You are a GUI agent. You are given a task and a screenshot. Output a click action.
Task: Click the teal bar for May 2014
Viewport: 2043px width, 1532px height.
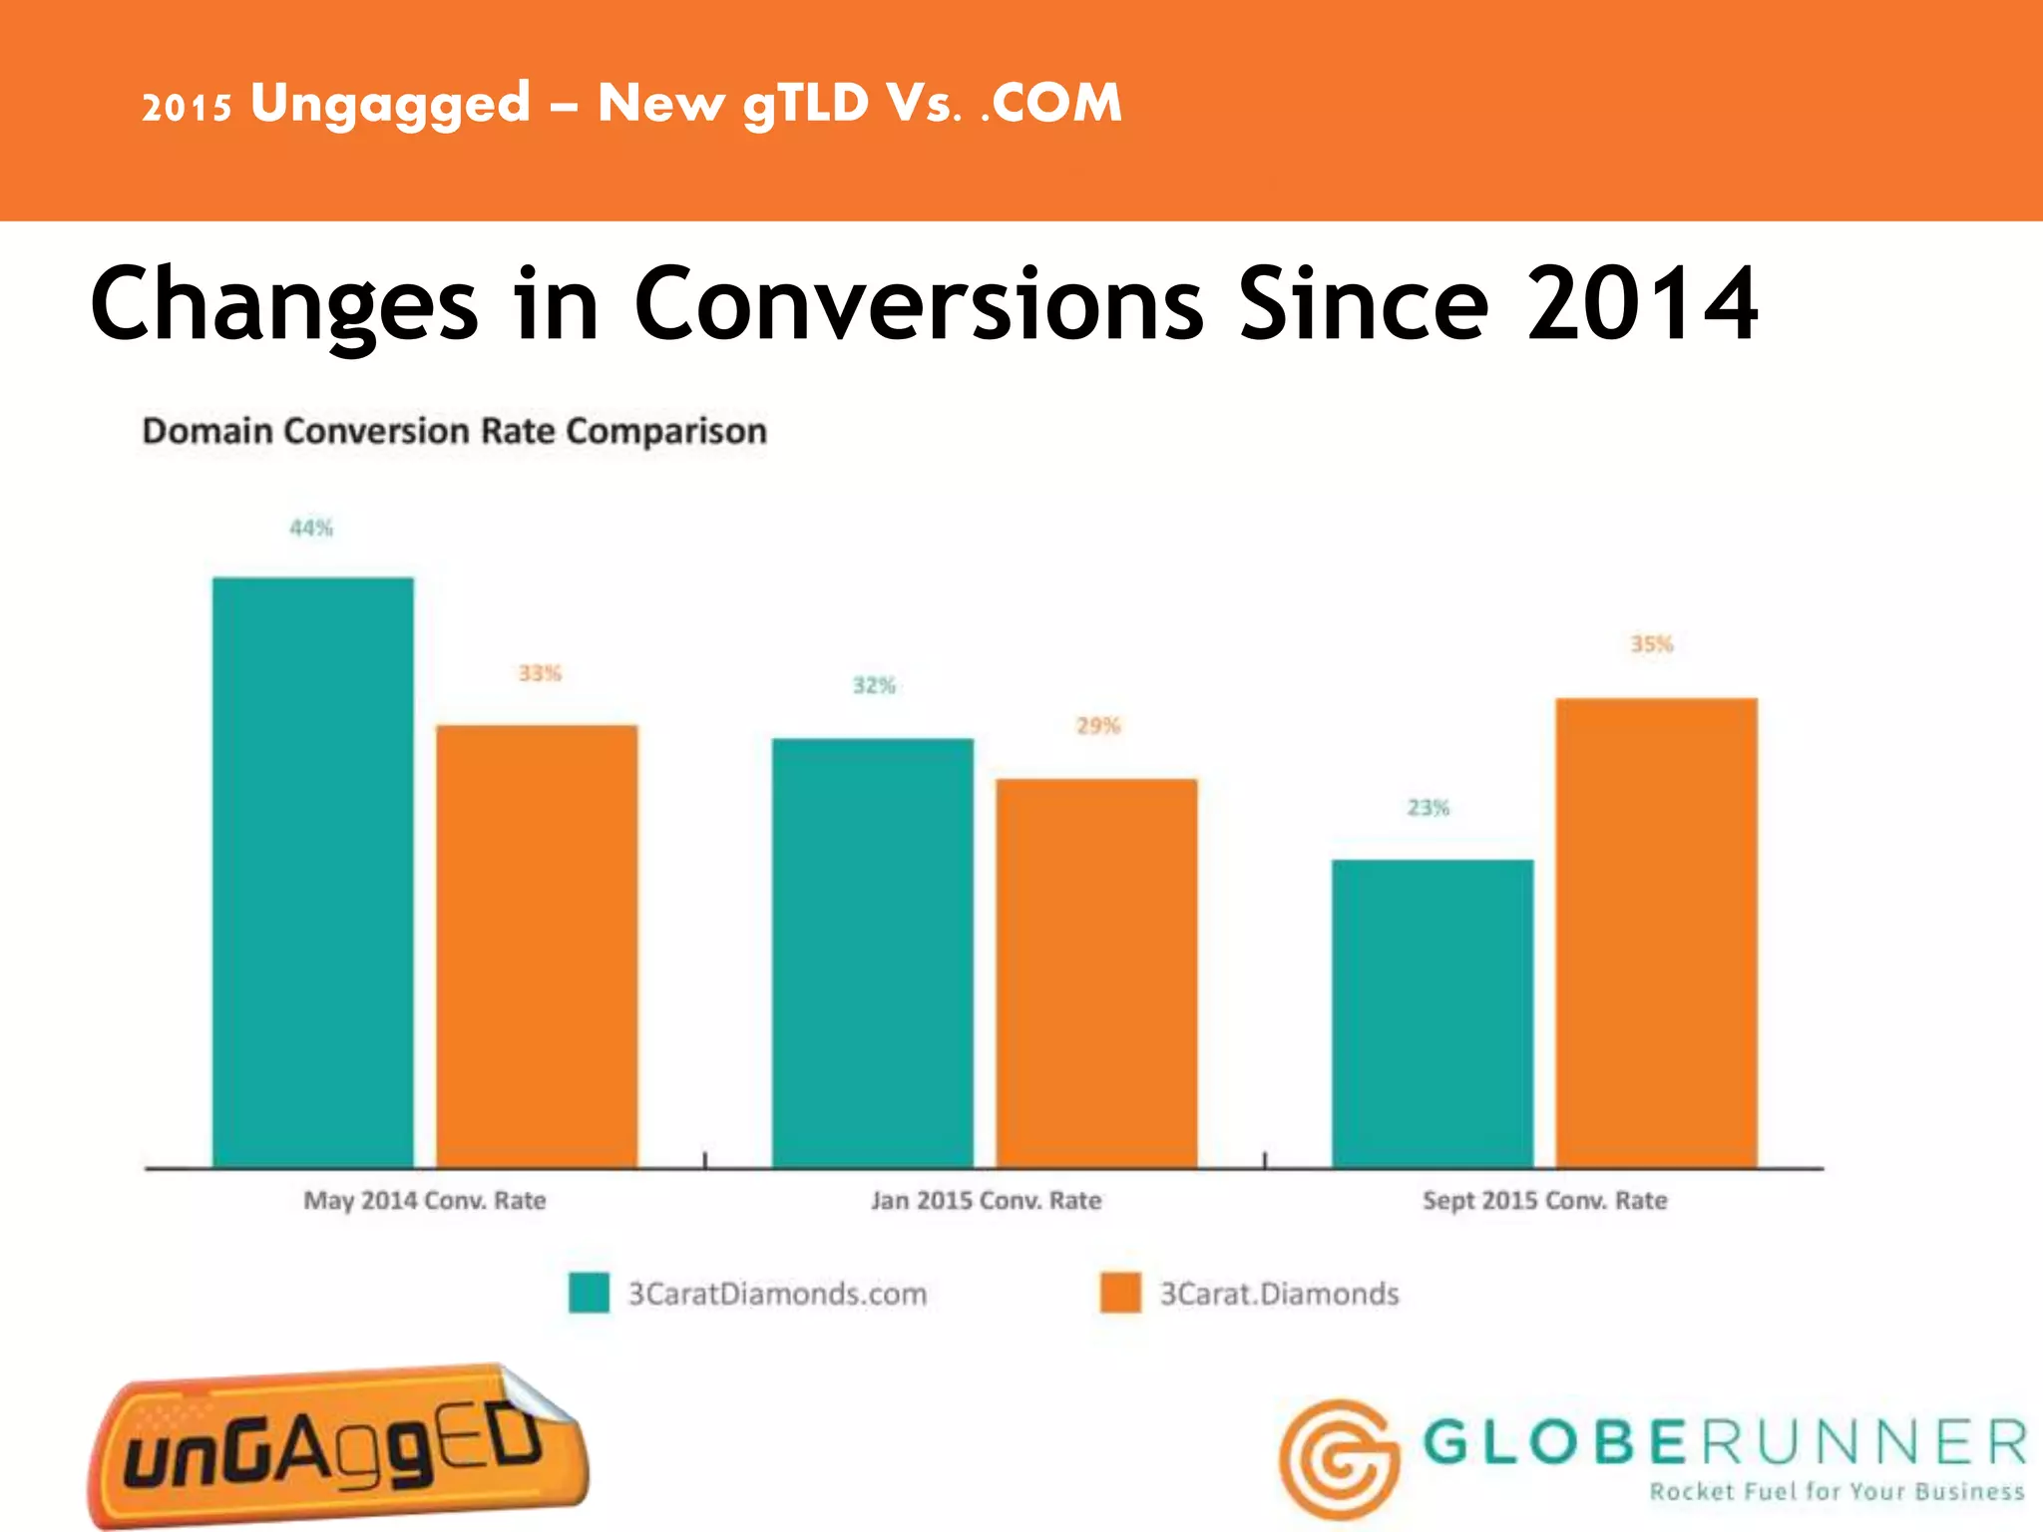tap(312, 873)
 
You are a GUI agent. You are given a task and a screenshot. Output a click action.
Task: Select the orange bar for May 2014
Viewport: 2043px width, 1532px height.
tap(537, 946)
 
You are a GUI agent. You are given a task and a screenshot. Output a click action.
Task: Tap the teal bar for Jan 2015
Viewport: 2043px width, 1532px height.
tap(873, 953)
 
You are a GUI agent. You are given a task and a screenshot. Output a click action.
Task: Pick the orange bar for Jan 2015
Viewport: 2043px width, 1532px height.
tap(1096, 972)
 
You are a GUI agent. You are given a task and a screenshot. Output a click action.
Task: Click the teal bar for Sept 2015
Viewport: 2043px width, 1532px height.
tap(1432, 1012)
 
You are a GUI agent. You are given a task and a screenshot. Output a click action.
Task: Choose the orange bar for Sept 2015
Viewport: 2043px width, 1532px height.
tap(1656, 933)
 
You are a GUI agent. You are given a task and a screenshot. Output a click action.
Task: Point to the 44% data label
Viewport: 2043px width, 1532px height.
tap(311, 528)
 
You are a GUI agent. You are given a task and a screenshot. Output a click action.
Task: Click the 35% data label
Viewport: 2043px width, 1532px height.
tap(1652, 644)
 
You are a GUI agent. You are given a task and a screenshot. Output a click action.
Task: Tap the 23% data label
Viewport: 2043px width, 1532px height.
tap(1429, 808)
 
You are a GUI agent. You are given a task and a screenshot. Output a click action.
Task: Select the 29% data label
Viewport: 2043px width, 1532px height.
tap(1098, 726)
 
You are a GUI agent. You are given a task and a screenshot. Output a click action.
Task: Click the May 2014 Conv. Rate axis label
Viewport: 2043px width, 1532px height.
tap(425, 1200)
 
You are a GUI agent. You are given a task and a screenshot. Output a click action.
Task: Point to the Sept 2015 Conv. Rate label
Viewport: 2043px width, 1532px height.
tap(1544, 1200)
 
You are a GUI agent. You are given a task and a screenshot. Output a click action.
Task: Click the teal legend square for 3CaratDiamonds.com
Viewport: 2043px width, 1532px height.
tap(589, 1293)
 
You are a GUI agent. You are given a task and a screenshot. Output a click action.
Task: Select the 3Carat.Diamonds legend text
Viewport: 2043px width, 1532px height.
tap(1279, 1294)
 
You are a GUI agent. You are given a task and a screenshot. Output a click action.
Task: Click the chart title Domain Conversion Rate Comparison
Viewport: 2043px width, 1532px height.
tap(455, 431)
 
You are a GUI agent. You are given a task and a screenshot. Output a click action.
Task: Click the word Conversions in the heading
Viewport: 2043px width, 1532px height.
tap(919, 304)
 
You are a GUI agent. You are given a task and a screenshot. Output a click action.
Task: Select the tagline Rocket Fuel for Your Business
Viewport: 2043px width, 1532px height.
tap(1837, 1492)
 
